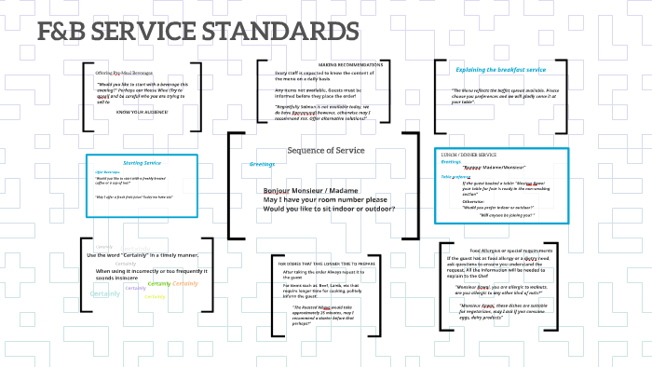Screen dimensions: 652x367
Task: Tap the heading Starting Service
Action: point(143,162)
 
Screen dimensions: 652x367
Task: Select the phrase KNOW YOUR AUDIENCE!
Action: point(143,112)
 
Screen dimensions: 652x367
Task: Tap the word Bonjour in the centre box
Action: point(279,190)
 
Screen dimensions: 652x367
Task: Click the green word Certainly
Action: point(159,283)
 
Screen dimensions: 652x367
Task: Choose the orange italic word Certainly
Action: point(185,283)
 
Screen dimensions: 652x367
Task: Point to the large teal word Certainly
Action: point(105,293)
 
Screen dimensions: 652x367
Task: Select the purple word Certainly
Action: point(136,288)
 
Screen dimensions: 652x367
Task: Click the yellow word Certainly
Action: point(156,297)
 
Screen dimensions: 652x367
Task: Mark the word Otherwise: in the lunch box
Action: point(473,200)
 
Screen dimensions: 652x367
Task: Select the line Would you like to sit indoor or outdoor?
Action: point(330,208)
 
